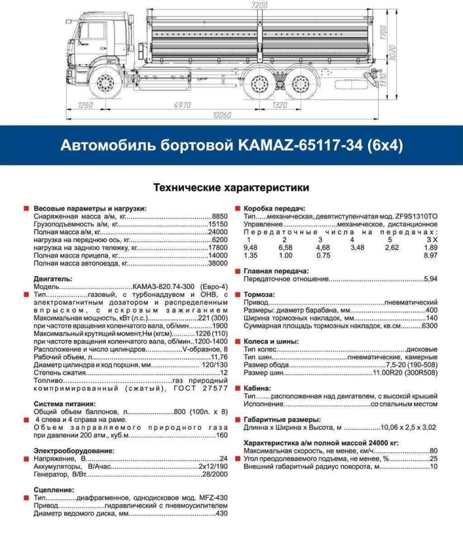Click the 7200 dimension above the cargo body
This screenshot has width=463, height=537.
click(259, 5)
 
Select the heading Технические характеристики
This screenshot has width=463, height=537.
click(231, 188)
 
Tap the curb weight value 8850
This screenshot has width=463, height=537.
click(220, 217)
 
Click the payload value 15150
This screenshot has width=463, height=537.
click(218, 226)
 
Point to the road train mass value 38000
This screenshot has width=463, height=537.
click(218, 262)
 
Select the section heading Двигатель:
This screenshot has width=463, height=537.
click(53, 278)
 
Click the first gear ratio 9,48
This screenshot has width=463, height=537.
click(250, 247)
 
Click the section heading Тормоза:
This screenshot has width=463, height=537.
click(259, 294)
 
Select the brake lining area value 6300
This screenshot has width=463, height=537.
click(429, 326)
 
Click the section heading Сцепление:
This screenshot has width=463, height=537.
click(54, 489)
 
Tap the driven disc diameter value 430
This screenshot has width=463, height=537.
click(221, 513)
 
